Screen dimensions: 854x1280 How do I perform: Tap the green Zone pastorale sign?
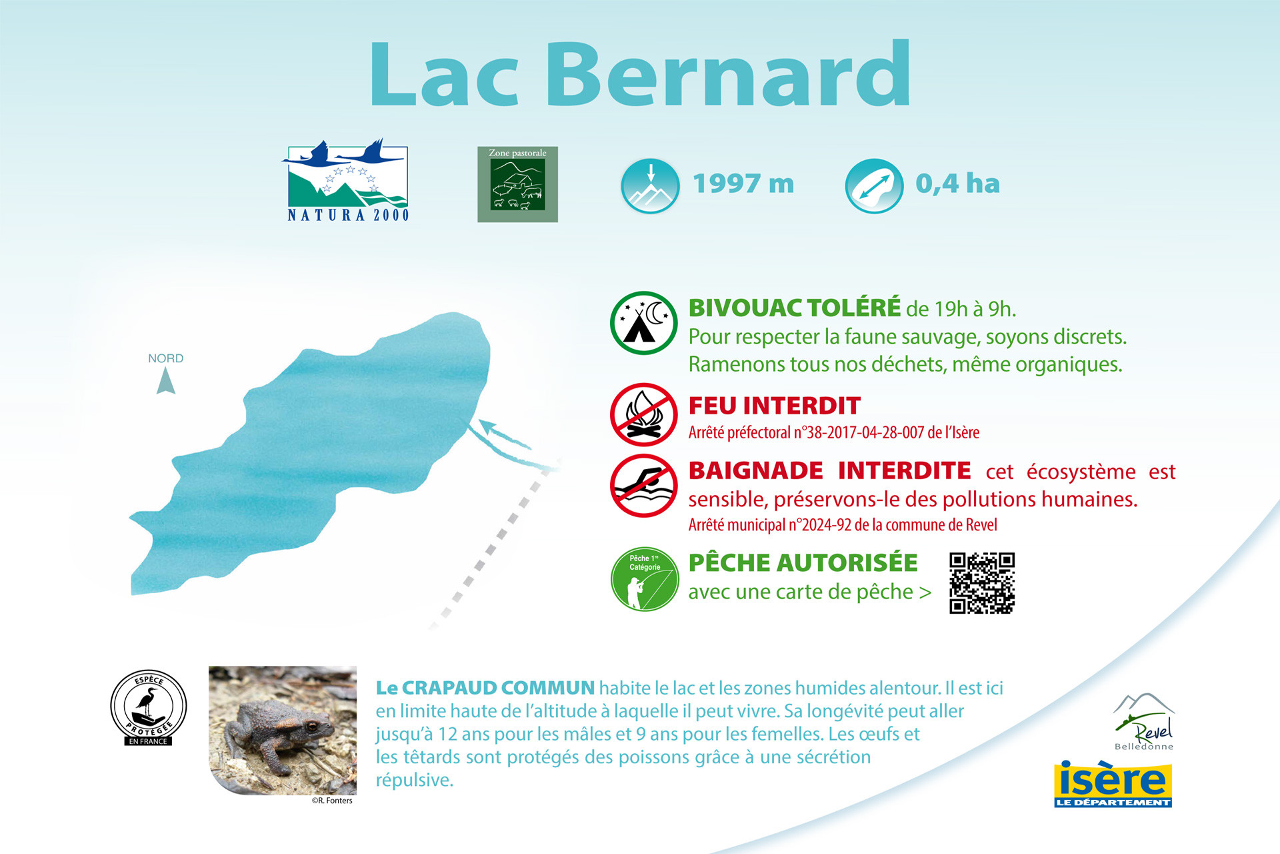(517, 185)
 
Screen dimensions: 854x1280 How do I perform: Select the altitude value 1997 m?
(743, 183)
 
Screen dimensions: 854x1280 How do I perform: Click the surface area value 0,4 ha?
(957, 183)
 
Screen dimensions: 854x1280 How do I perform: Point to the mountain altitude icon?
(650, 186)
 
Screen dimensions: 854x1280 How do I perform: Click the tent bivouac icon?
(643, 323)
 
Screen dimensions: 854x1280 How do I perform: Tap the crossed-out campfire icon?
(643, 414)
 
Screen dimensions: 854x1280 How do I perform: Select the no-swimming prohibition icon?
(643, 486)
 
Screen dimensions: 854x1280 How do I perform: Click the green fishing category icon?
(644, 579)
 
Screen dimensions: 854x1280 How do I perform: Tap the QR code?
(981, 582)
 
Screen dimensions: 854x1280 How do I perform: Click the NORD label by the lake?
(165, 358)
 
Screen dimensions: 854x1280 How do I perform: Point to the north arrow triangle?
(165, 382)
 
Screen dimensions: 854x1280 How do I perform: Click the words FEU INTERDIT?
(774, 406)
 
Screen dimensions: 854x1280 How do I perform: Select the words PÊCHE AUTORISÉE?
(803, 562)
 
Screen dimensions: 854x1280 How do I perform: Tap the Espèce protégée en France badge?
(148, 708)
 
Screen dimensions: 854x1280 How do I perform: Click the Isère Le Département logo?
(1113, 784)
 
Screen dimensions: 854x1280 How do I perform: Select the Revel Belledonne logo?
(1144, 723)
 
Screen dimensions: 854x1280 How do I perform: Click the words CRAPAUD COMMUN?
(497, 688)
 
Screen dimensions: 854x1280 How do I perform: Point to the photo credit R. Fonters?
(332, 801)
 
